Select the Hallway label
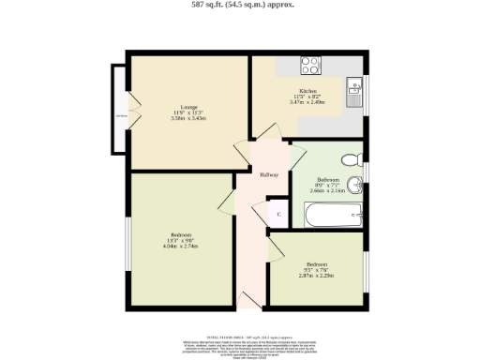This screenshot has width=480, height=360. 267,172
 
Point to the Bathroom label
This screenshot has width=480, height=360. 328,178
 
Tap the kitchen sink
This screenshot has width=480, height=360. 354,91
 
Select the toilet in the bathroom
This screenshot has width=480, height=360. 352,158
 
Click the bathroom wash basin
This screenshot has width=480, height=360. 356,184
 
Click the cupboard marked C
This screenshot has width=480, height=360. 278,214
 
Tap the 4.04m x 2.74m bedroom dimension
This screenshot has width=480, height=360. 181,247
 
